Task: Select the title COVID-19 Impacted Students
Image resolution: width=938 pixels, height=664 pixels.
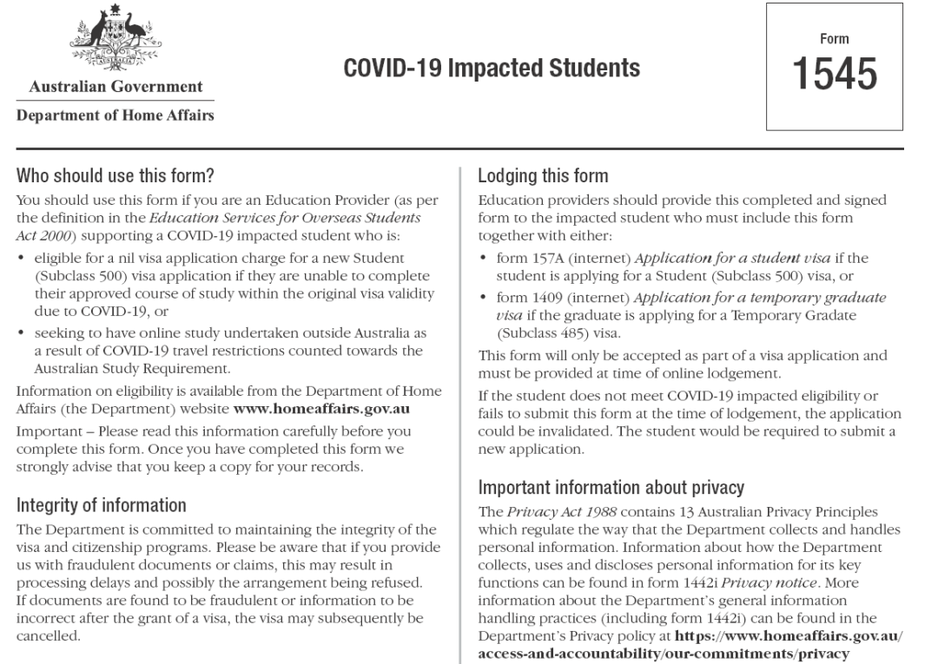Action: coord(492,68)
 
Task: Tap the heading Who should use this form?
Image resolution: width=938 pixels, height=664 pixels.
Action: coord(116,176)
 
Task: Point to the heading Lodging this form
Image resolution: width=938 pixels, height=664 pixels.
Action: coord(543,176)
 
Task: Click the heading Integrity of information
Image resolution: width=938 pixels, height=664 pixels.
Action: coord(102,505)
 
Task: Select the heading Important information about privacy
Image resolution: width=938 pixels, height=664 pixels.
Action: coord(611,488)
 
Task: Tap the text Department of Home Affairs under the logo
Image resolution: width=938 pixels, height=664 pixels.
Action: coord(116,115)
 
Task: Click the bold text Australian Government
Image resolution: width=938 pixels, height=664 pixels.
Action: coord(116,87)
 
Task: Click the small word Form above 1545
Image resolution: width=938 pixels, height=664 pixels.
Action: coord(834,39)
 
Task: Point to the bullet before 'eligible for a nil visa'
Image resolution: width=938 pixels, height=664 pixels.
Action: coord(22,259)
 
